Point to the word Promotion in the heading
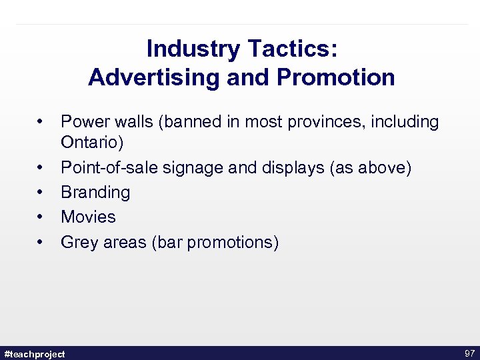(336, 77)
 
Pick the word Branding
(95, 192)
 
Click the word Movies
(88, 217)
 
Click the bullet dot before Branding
(41, 192)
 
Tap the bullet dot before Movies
(41, 217)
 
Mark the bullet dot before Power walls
(41, 122)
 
